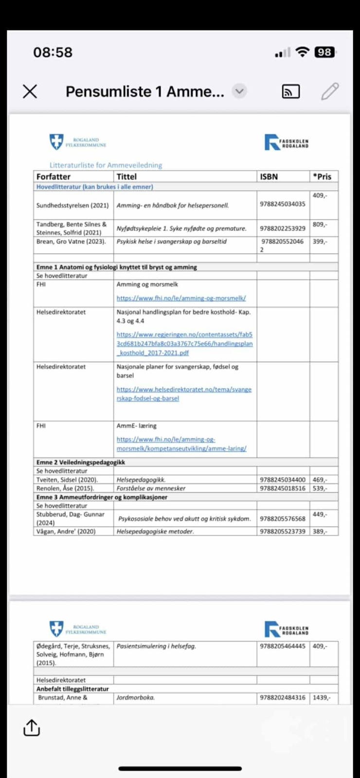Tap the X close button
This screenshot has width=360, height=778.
click(30, 91)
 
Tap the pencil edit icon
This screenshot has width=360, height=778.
click(330, 91)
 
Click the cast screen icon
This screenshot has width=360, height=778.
click(291, 91)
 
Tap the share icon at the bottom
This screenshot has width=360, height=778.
click(32, 727)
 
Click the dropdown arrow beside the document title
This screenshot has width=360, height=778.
click(239, 91)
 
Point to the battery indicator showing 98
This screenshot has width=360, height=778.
click(324, 52)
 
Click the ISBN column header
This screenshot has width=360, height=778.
click(269, 177)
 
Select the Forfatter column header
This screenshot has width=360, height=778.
click(54, 177)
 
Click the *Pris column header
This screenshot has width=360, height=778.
click(322, 177)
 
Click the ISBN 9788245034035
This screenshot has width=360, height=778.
click(283, 204)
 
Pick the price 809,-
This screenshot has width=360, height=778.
click(320, 224)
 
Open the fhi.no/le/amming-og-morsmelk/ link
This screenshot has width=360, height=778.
click(181, 298)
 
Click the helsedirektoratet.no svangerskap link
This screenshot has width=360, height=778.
click(184, 394)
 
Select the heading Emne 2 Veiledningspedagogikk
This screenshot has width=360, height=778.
click(81, 462)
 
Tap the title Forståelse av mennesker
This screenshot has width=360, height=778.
click(151, 488)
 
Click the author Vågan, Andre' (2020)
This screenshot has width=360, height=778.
click(66, 531)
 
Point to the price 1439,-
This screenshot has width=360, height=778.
click(321, 697)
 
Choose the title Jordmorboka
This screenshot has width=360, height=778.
click(136, 697)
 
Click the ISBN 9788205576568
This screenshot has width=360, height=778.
click(283, 519)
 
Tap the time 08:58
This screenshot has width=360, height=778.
click(53, 52)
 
